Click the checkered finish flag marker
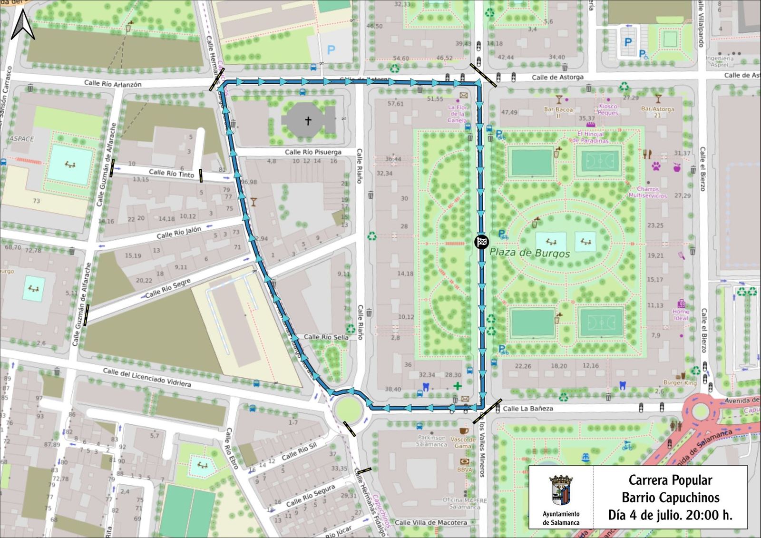(482, 242)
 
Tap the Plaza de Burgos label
(529, 253)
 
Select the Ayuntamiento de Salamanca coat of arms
(561, 490)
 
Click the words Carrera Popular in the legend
(670, 480)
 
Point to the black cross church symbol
(308, 121)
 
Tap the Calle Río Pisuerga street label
(313, 152)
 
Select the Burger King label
(680, 382)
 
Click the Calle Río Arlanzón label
(113, 84)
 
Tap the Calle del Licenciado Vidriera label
(147, 377)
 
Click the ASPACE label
(22, 139)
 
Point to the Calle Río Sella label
(326, 337)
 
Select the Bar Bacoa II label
(558, 112)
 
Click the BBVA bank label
(465, 470)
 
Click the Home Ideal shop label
(681, 314)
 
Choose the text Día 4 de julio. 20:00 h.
(670, 515)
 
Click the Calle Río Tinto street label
(171, 173)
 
